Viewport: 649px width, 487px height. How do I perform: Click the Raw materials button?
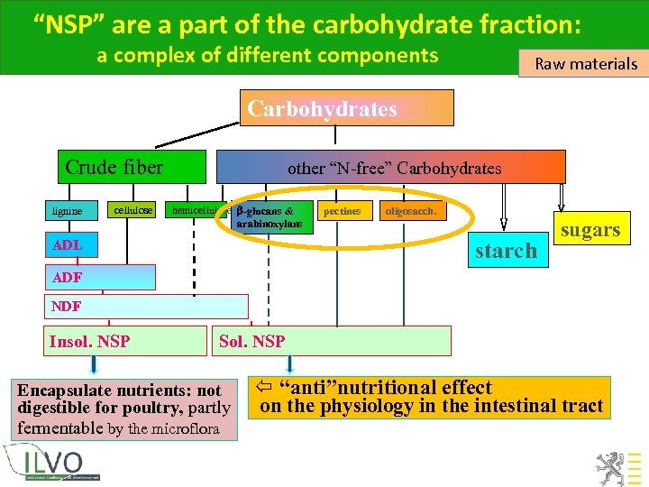pos(586,63)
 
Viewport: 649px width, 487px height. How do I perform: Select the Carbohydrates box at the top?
pos(346,108)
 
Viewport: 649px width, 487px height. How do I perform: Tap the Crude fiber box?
pos(115,167)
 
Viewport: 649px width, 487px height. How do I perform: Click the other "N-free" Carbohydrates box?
pos(394,168)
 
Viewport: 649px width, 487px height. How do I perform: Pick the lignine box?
pos(68,211)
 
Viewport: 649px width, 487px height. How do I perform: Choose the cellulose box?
pos(133,210)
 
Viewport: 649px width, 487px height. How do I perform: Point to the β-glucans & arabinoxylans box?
pos(271,217)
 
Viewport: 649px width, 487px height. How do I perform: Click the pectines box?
pos(342,211)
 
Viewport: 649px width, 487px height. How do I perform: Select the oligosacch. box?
pos(411,211)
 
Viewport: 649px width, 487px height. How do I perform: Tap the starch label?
pos(505,251)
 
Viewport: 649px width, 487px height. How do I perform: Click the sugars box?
pos(590,230)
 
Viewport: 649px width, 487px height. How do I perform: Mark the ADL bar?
pos(68,245)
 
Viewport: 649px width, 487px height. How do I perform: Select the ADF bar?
pos(100,277)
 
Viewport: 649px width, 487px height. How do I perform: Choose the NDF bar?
pos(145,307)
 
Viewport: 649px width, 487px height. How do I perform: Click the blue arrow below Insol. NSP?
pos(94,364)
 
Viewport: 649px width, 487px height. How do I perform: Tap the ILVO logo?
pos(57,464)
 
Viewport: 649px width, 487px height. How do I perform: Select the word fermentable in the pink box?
pos(58,427)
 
